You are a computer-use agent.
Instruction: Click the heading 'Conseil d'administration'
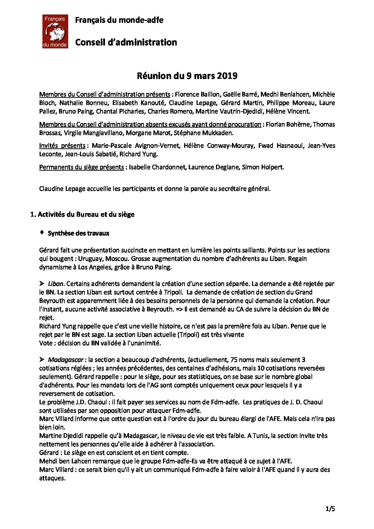(x=126, y=42)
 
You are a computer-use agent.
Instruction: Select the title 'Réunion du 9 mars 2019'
(x=187, y=76)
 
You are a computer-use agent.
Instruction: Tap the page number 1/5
(x=330, y=509)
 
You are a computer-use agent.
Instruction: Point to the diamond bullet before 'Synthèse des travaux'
(x=42, y=233)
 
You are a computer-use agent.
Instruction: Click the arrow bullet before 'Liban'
(x=42, y=283)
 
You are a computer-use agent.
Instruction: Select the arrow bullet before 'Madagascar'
(x=42, y=360)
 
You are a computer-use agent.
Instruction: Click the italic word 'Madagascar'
(x=65, y=360)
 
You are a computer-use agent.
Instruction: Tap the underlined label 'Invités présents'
(x=62, y=146)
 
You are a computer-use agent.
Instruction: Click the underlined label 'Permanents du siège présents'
(x=81, y=167)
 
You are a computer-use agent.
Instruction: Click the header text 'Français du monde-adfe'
(x=119, y=20)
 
